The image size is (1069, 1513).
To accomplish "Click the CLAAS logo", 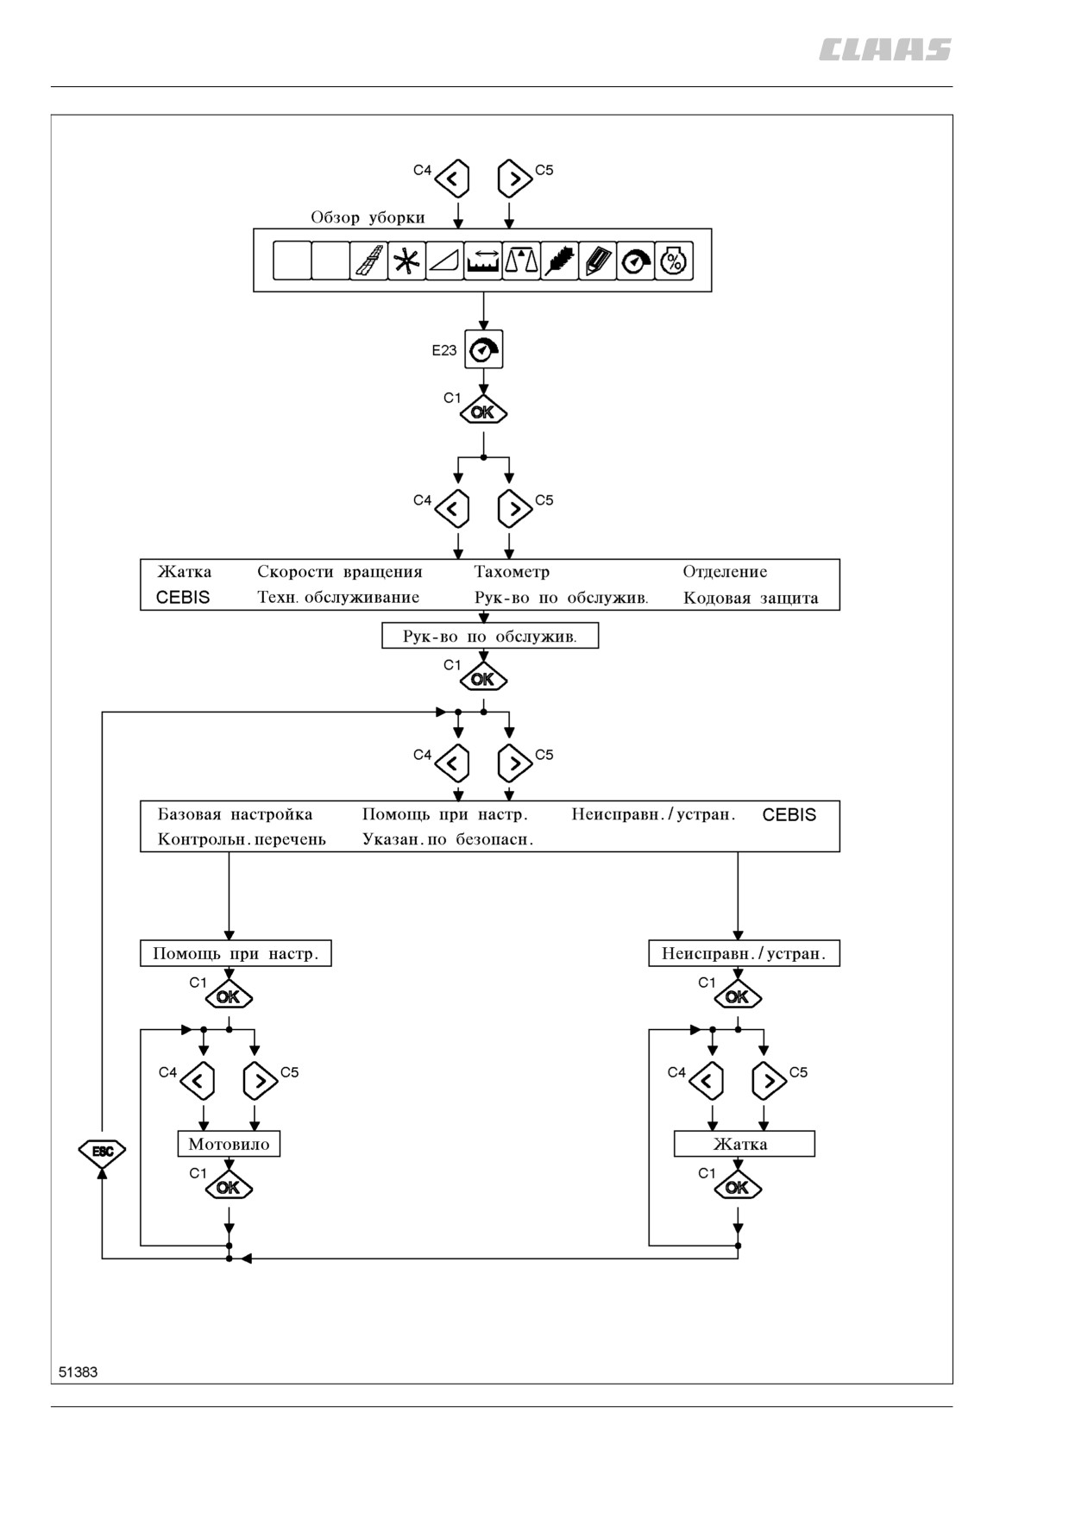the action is [885, 50].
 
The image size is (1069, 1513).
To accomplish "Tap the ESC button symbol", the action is [102, 1151].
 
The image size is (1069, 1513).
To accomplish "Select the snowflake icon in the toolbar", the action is [406, 261].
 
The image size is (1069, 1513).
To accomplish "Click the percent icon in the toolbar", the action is [674, 261].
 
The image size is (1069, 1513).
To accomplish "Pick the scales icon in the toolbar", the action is [521, 261].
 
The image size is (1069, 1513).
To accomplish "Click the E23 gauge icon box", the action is [483, 349].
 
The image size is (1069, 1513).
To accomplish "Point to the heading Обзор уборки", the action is [368, 217].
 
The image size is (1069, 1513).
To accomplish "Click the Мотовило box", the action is [229, 1144].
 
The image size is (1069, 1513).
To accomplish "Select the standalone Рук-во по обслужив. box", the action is [490, 636].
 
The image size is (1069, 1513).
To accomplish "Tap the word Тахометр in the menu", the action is [512, 571].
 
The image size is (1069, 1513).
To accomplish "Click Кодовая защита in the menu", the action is [751, 598].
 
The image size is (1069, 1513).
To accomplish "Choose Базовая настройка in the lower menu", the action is [235, 814].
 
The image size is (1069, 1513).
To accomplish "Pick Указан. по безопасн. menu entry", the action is [448, 839].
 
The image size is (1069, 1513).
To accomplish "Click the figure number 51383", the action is [79, 1372].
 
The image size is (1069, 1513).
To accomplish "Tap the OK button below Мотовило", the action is [229, 1187].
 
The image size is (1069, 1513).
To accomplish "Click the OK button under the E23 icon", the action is [483, 412].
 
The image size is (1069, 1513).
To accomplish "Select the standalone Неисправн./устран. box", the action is [744, 953].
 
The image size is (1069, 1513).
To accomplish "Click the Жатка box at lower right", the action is [745, 1144].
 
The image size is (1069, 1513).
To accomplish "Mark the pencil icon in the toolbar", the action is [597, 261].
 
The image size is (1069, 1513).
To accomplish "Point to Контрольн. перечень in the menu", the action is [242, 839].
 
